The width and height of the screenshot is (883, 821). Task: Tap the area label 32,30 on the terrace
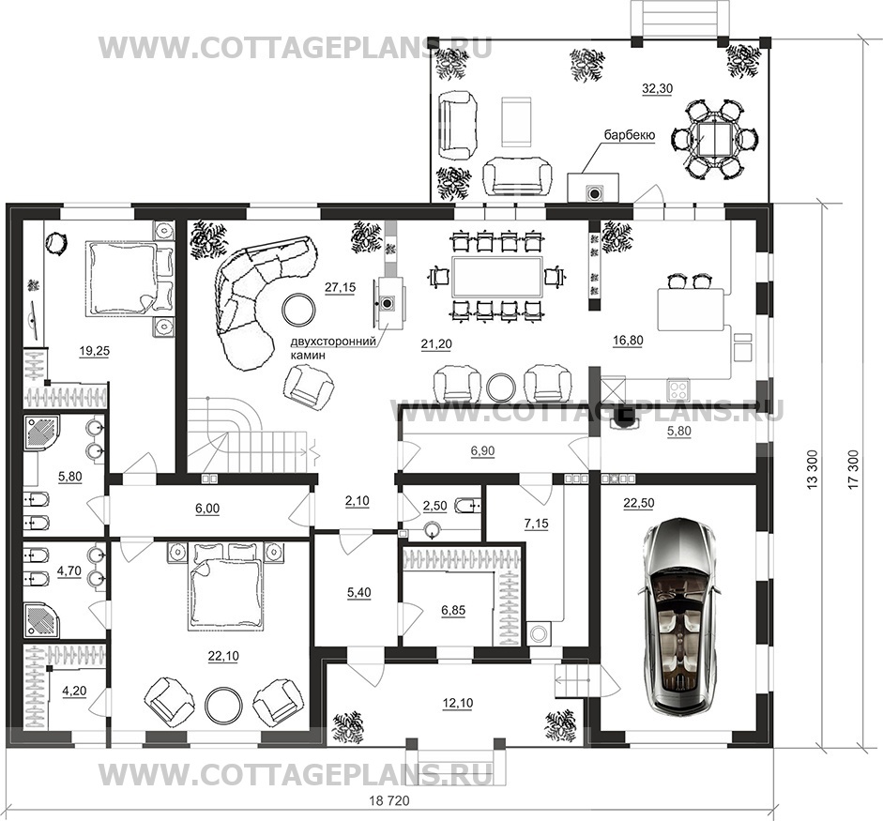657,88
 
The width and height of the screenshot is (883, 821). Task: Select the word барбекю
629,135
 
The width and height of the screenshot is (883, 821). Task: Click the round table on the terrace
714,140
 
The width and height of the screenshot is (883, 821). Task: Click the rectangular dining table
497,277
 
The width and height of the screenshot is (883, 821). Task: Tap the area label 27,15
340,287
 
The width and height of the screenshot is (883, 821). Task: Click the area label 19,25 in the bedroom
94,351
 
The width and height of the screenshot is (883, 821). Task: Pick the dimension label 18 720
389,800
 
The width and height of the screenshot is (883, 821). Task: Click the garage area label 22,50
639,503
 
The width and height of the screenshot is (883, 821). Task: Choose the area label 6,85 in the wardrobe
453,611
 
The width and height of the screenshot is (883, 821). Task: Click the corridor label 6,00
207,509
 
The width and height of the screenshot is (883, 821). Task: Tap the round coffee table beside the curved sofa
299,310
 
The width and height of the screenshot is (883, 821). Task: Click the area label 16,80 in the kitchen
628,340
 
